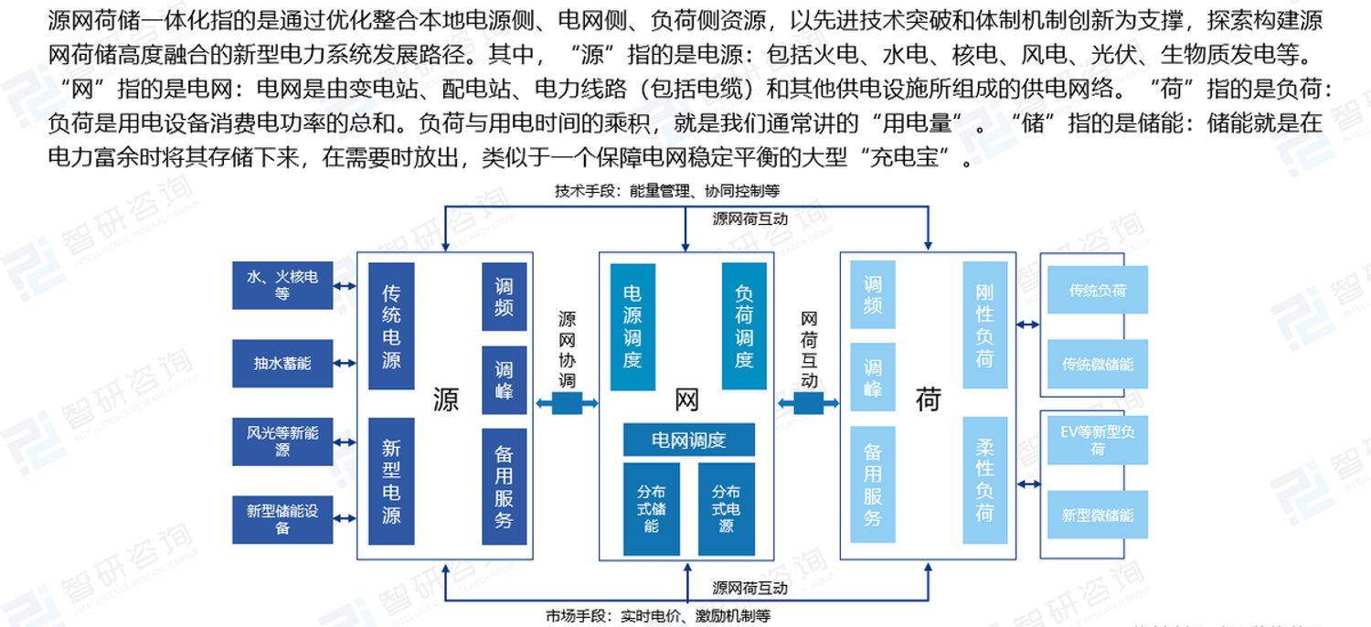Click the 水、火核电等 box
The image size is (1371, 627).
(x=282, y=285)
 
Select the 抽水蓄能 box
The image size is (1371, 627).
(x=282, y=363)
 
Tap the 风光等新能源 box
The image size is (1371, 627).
(x=282, y=441)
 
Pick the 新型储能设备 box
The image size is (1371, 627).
(x=282, y=519)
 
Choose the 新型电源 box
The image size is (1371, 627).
(x=391, y=481)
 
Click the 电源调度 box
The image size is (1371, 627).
(x=632, y=326)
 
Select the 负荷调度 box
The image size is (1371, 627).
(x=744, y=326)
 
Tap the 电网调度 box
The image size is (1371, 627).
(x=689, y=441)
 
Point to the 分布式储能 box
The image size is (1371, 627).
(x=652, y=508)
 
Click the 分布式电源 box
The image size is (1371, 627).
(x=727, y=508)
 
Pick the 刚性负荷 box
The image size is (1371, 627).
(x=984, y=325)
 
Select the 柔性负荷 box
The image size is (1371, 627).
(x=984, y=481)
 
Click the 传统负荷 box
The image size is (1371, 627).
(x=1097, y=291)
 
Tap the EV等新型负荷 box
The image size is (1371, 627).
(x=1097, y=440)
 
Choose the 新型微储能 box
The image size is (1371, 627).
(x=1097, y=515)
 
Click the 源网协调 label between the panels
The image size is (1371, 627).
(x=567, y=349)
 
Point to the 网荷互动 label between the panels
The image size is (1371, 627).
(x=809, y=349)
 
